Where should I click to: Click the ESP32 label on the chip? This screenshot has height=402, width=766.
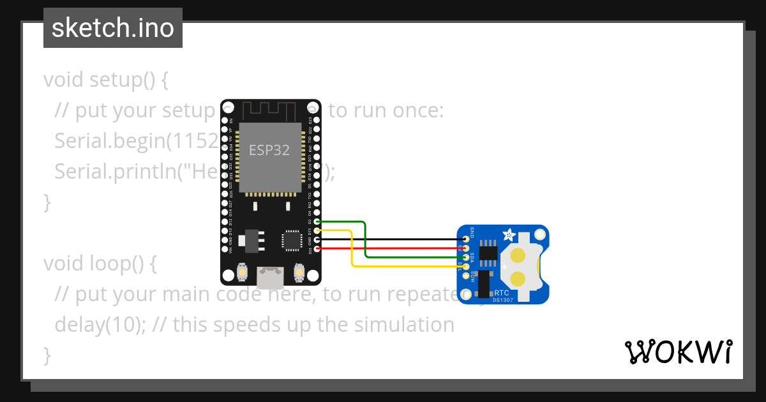point(269,151)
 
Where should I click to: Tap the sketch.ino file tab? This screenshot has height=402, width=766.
point(113,28)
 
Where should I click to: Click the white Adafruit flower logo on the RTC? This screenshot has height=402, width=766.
point(510,235)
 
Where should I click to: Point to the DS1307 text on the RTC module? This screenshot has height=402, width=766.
point(502,300)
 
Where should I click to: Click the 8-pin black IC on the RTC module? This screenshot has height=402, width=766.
point(488,251)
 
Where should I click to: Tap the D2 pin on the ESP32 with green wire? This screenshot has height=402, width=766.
point(317,221)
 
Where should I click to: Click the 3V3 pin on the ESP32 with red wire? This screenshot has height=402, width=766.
point(317,248)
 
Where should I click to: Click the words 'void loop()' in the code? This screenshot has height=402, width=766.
point(100,264)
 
